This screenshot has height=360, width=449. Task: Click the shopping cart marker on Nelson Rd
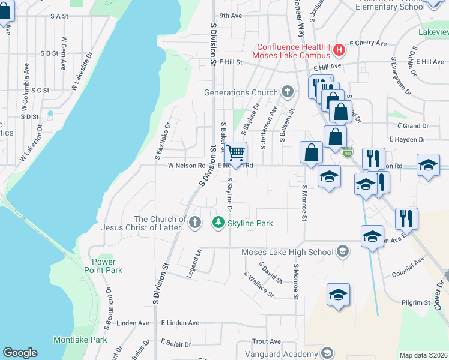click(x=236, y=154)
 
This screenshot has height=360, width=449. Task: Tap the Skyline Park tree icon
click(x=218, y=223)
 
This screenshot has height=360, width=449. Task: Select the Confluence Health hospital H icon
click(x=339, y=49)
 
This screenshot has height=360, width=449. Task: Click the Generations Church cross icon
click(x=288, y=92)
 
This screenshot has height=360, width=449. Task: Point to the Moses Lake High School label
click(x=287, y=252)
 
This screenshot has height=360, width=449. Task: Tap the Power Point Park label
click(x=107, y=266)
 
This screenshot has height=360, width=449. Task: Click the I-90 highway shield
click(x=347, y=153)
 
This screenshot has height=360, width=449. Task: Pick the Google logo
click(x=20, y=353)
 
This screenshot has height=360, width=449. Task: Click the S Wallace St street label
click(x=259, y=285)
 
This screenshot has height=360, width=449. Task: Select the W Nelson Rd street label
click(x=187, y=166)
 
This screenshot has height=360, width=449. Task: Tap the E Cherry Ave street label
click(x=368, y=43)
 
